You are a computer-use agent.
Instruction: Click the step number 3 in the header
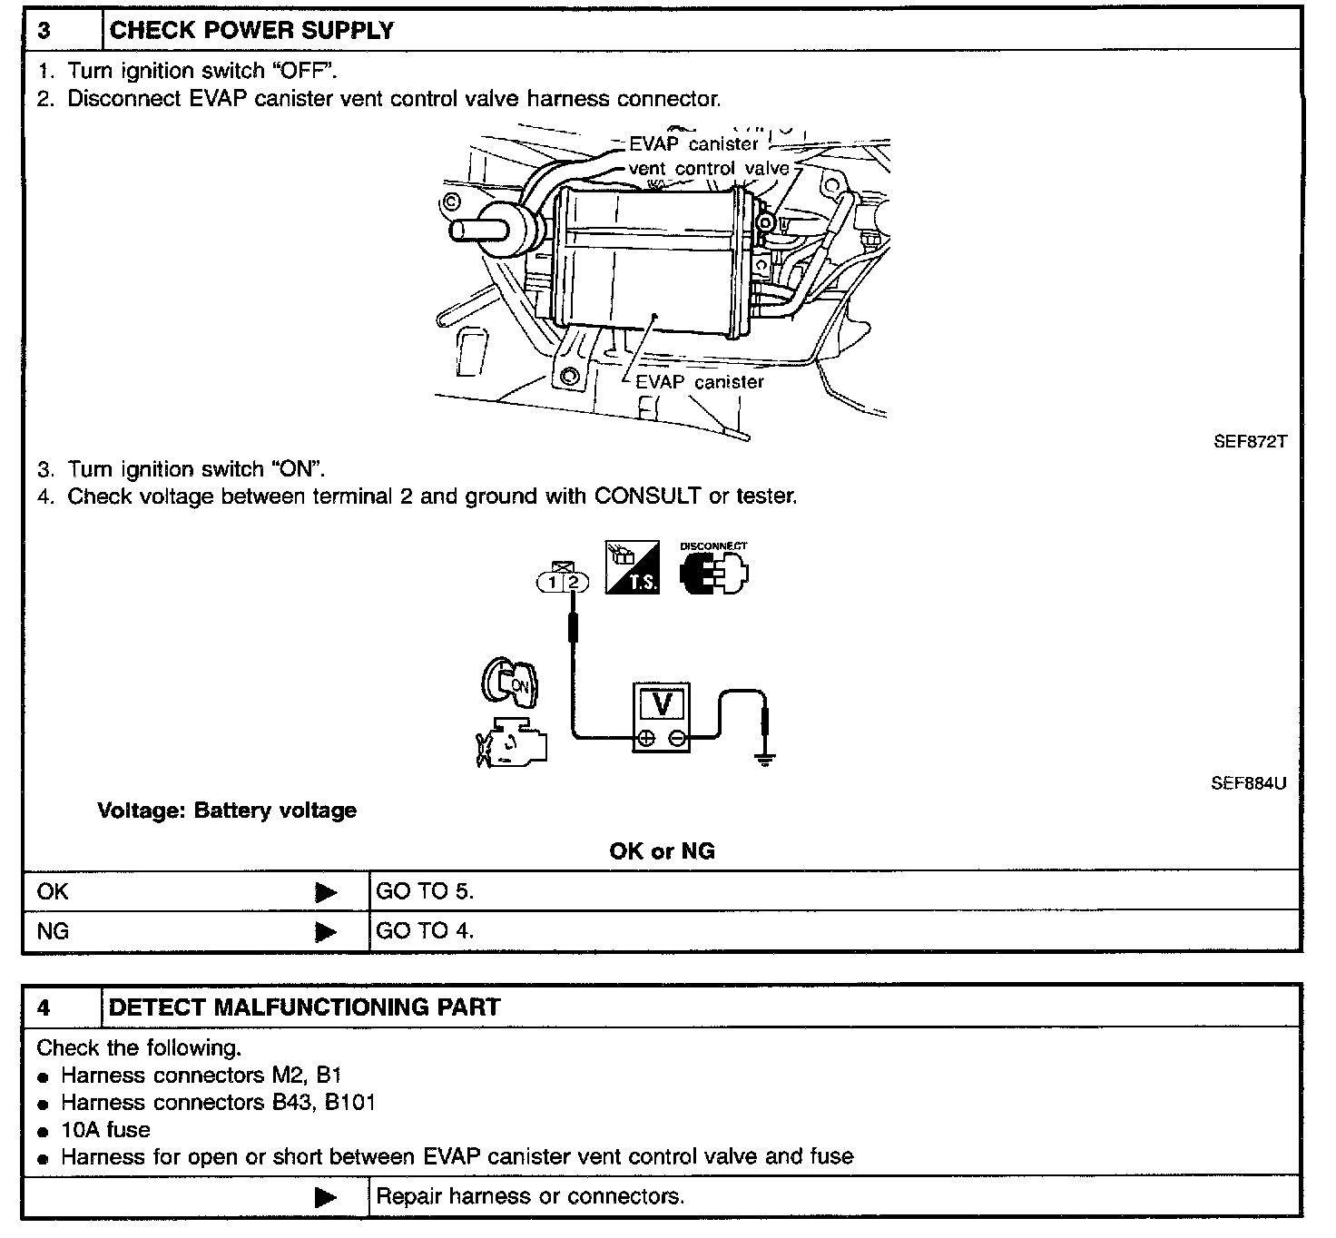44,30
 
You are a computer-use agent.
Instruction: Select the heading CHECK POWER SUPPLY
251,30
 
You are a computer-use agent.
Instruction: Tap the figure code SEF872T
1249,443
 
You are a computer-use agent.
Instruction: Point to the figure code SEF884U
1248,782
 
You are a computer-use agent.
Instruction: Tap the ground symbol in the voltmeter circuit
766,759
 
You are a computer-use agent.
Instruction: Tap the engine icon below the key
512,742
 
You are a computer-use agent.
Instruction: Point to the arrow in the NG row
326,932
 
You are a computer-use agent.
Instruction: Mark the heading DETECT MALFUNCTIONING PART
304,1007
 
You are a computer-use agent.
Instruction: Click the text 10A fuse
105,1130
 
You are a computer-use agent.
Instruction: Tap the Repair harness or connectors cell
530,1196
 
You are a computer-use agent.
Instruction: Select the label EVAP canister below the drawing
699,382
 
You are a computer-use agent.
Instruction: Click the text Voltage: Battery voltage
227,811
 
